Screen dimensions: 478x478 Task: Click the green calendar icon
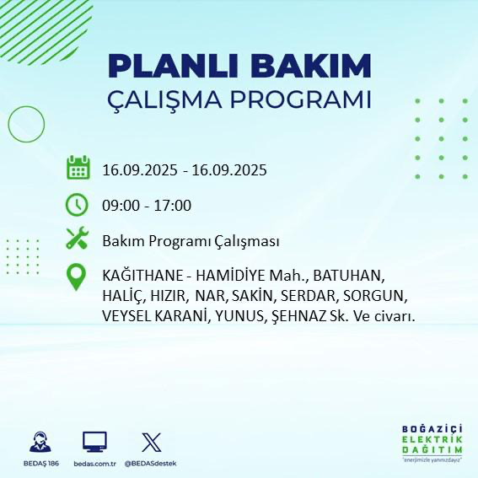(78, 168)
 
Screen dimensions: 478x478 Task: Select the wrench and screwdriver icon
(78, 240)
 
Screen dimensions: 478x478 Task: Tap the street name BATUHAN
(348, 277)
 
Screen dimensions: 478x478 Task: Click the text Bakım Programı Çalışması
(191, 241)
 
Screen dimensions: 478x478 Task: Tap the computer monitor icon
(94, 442)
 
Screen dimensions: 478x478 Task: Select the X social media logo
(149, 442)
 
